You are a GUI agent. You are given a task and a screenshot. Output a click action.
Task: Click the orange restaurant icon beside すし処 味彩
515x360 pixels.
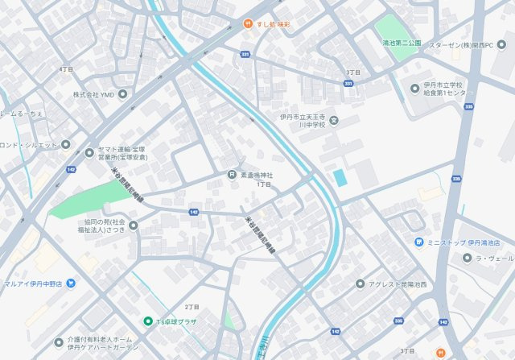tap(249, 25)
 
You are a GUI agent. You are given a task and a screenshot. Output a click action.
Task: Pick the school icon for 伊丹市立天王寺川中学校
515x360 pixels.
tap(334, 121)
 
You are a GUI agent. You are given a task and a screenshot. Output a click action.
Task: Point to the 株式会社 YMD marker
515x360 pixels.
tap(122, 94)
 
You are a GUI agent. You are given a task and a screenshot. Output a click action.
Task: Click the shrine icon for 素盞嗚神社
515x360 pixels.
tap(231, 175)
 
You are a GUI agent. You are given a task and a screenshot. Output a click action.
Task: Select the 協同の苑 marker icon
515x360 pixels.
tap(133, 225)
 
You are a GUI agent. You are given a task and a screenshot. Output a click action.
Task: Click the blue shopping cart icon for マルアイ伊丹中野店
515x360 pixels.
tap(71, 283)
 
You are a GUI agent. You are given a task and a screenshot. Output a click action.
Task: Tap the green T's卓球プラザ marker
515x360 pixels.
tap(147, 321)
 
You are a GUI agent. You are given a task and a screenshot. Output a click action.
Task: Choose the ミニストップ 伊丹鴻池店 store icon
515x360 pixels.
tap(419, 242)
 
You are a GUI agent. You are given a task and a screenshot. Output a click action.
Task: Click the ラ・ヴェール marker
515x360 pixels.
tap(468, 258)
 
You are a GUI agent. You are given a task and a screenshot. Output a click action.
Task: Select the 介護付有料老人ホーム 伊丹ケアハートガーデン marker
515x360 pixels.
tap(58, 342)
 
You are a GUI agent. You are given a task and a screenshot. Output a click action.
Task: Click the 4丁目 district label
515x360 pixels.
tap(65, 69)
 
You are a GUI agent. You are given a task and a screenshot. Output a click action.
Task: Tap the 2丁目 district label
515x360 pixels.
tap(192, 307)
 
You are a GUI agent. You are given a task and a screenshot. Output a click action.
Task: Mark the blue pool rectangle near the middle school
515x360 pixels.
tap(340, 176)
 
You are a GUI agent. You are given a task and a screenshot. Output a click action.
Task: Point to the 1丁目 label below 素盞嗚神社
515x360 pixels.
tap(264, 184)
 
